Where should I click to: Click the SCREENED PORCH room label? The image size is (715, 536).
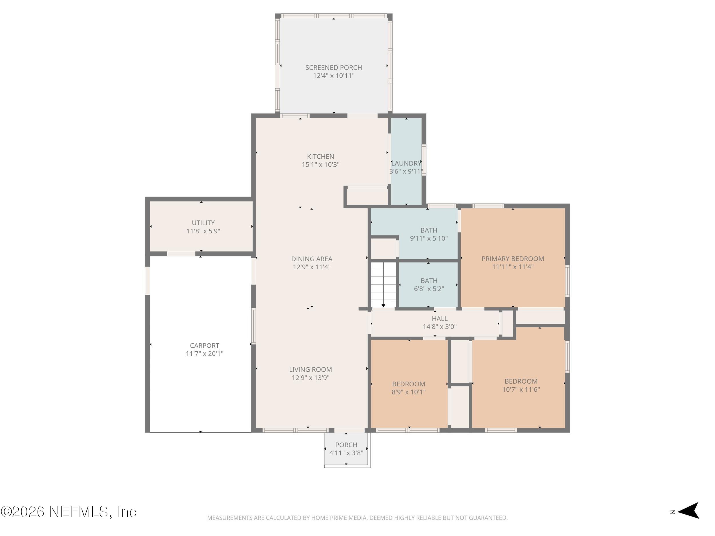(x=333, y=67)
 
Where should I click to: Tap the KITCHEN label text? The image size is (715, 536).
(x=320, y=156)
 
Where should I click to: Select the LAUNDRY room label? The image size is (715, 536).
(x=406, y=163)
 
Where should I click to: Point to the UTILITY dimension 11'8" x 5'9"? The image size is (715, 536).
(x=203, y=231)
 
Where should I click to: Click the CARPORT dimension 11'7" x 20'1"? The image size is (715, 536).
(x=204, y=353)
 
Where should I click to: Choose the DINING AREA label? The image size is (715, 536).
(x=312, y=259)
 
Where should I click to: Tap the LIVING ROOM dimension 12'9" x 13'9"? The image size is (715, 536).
(x=310, y=377)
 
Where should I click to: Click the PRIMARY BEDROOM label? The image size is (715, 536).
(x=513, y=258)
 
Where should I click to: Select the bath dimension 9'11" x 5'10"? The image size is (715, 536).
(x=429, y=238)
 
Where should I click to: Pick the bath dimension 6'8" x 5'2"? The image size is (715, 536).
(x=429, y=289)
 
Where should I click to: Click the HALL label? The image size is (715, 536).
(x=440, y=318)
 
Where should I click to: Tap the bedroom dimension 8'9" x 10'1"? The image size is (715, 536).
(x=409, y=392)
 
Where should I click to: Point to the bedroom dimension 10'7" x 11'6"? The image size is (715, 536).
(x=521, y=389)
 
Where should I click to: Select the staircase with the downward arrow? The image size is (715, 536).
(x=383, y=284)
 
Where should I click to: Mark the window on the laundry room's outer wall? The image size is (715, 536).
(x=424, y=160)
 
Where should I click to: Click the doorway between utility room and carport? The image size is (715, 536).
(x=181, y=254)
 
